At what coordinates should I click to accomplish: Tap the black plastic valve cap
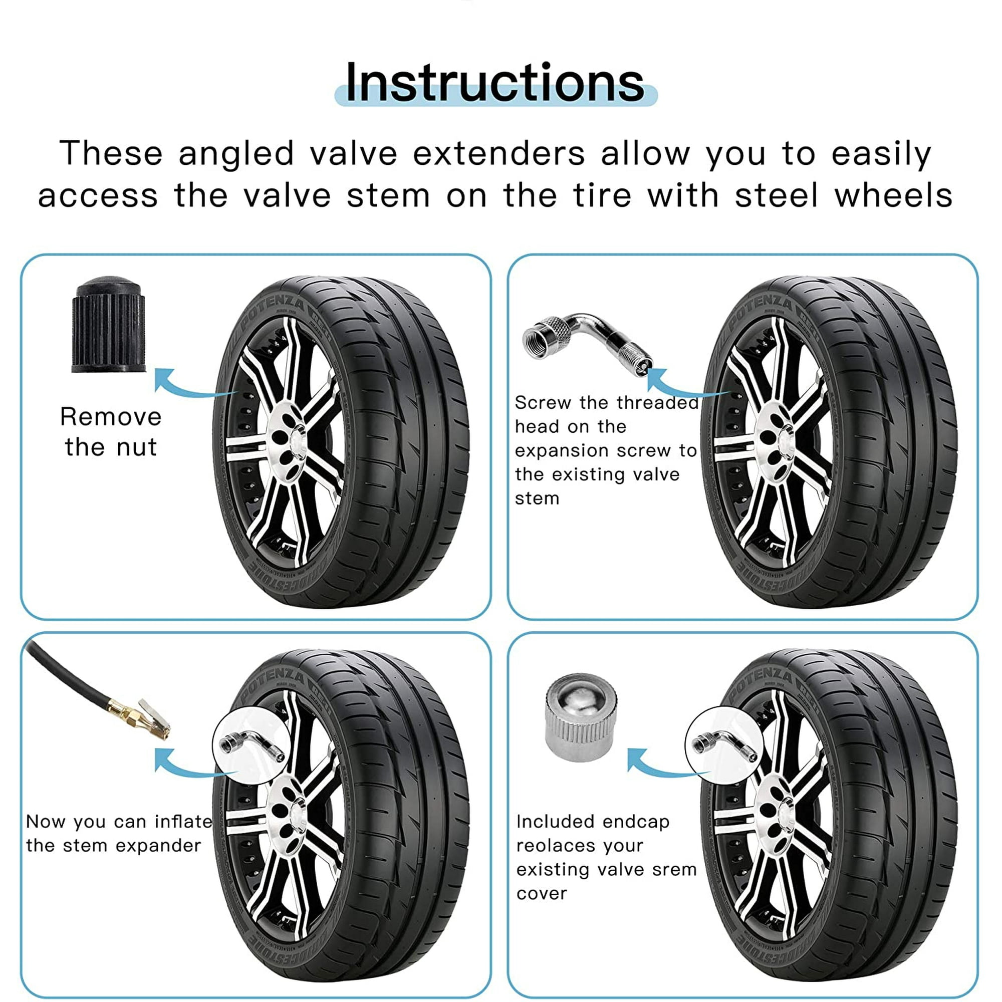point(109,324)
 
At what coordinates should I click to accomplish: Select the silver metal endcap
point(581,717)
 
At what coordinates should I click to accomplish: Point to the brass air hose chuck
point(139,719)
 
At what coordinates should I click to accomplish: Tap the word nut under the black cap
point(136,447)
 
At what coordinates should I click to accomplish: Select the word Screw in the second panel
point(543,402)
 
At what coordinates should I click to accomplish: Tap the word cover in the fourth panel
point(542,894)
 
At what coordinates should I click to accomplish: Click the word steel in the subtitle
point(777,195)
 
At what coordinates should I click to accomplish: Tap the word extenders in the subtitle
point(499,153)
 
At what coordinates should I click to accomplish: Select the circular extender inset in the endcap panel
point(724,746)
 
